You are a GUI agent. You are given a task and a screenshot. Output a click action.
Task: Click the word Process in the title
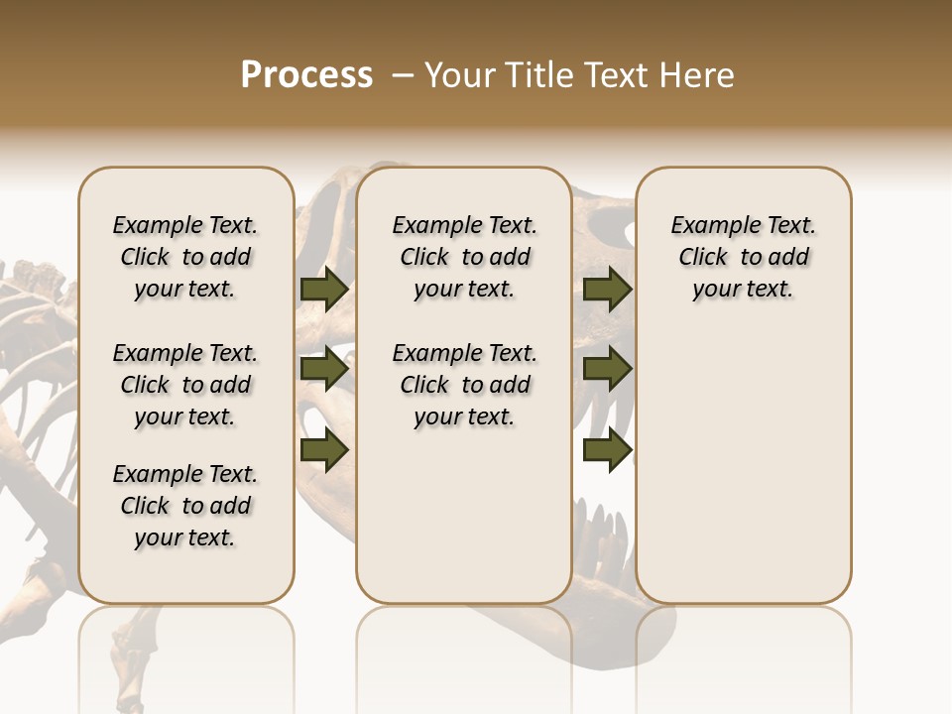tap(306, 75)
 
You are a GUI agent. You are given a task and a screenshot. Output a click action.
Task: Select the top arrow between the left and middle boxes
tap(324, 289)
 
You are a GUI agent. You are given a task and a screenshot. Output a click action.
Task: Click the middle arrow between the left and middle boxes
tap(324, 370)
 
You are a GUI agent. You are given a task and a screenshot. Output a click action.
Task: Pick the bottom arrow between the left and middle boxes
tap(324, 450)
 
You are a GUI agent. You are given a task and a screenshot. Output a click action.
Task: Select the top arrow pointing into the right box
tap(608, 289)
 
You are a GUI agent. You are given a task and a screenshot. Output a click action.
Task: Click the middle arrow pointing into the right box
tap(608, 370)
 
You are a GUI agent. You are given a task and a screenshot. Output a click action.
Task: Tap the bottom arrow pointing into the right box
tap(608, 450)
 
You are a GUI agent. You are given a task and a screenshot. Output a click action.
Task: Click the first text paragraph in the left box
tap(185, 257)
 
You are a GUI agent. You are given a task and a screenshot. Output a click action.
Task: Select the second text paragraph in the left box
tap(185, 385)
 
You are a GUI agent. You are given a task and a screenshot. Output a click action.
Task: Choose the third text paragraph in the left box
tap(185, 506)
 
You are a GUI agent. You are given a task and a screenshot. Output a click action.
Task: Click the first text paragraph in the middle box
tap(464, 257)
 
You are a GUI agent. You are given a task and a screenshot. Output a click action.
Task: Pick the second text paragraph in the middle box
tap(464, 385)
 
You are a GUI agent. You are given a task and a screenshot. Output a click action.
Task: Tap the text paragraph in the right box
tap(744, 257)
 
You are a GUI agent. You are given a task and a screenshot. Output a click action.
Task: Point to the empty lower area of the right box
tap(744, 466)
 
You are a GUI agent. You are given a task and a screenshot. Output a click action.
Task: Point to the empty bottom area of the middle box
tap(464, 526)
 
